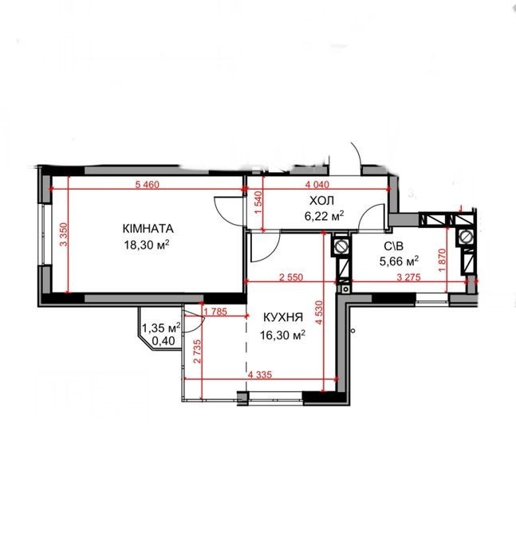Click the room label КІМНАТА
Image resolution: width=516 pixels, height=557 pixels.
click(148, 229)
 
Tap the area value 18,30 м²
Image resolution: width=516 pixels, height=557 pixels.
click(146, 245)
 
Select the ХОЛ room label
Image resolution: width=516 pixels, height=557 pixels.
click(321, 201)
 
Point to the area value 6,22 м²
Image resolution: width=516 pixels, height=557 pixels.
click(325, 216)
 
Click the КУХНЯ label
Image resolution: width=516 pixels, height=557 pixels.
click(283, 317)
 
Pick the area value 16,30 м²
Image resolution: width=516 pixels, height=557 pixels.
click(283, 335)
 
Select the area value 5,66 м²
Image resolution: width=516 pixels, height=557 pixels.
click(399, 261)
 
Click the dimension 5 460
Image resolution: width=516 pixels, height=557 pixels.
click(148, 184)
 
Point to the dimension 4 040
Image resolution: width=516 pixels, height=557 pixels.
click(317, 184)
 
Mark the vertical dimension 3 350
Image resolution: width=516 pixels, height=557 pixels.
click(63, 234)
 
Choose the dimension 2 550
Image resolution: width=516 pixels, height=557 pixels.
click(291, 277)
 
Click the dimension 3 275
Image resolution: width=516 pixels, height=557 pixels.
click(408, 277)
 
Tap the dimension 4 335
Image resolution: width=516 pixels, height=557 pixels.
click(260, 375)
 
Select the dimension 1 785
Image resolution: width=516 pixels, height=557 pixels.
click(215, 312)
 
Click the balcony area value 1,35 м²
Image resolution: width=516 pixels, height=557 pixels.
click(161, 328)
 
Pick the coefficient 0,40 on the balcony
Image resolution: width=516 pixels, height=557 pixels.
click(163, 341)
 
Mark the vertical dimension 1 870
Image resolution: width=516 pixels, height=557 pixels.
click(442, 260)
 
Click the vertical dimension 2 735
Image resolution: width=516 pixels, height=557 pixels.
click(198, 351)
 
